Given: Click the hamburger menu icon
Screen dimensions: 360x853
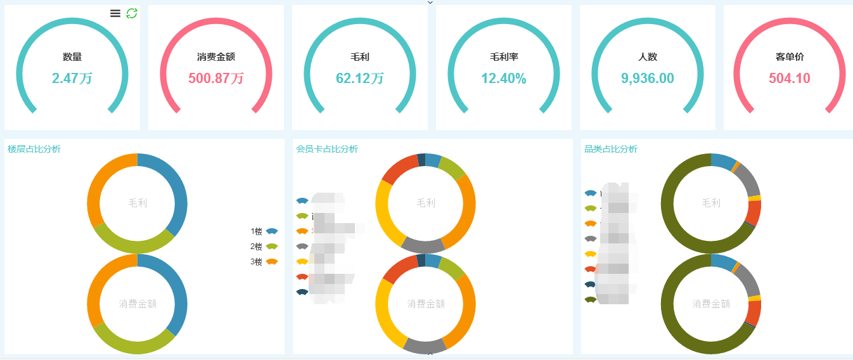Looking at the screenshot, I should (x=115, y=13).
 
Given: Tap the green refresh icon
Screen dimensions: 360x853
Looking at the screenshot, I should (x=132, y=13).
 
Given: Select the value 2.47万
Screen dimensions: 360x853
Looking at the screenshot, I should (x=72, y=79).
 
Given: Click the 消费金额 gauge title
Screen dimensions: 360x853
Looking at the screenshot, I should (x=216, y=57).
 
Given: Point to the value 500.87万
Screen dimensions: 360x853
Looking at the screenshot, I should (x=216, y=79).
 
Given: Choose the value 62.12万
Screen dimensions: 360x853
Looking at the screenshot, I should (x=360, y=79).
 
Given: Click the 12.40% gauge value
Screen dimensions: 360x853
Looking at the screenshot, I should (x=504, y=79).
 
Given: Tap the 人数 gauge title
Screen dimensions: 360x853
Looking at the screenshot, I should (x=648, y=57).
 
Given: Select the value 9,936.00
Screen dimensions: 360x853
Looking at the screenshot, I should (x=648, y=79).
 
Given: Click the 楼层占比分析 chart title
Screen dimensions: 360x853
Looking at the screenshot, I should (x=34, y=149).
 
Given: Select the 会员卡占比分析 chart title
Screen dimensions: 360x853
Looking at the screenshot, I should (x=327, y=149).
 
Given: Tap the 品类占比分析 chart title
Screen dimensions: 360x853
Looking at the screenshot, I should (x=611, y=149).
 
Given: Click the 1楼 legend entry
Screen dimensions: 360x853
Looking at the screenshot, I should (x=264, y=231).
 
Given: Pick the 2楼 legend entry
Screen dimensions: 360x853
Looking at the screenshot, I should (x=264, y=247).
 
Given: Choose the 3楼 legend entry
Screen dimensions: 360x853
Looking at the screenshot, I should (x=264, y=262).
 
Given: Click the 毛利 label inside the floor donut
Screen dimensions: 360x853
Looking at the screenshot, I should (x=138, y=203).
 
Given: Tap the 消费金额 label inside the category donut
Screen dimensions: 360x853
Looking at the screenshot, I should (x=711, y=304).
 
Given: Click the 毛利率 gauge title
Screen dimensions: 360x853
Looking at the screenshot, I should (x=504, y=57).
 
